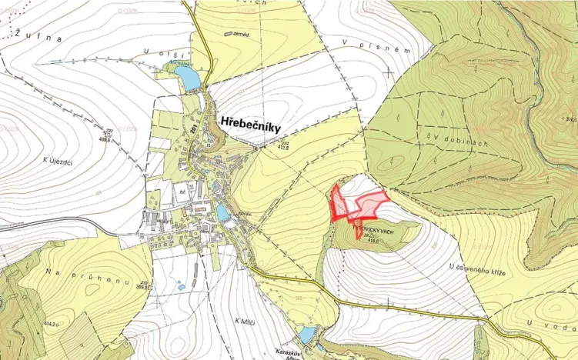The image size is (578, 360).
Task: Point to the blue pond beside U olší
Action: pos(188,77)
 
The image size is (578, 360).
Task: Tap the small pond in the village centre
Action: pos(223,212)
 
